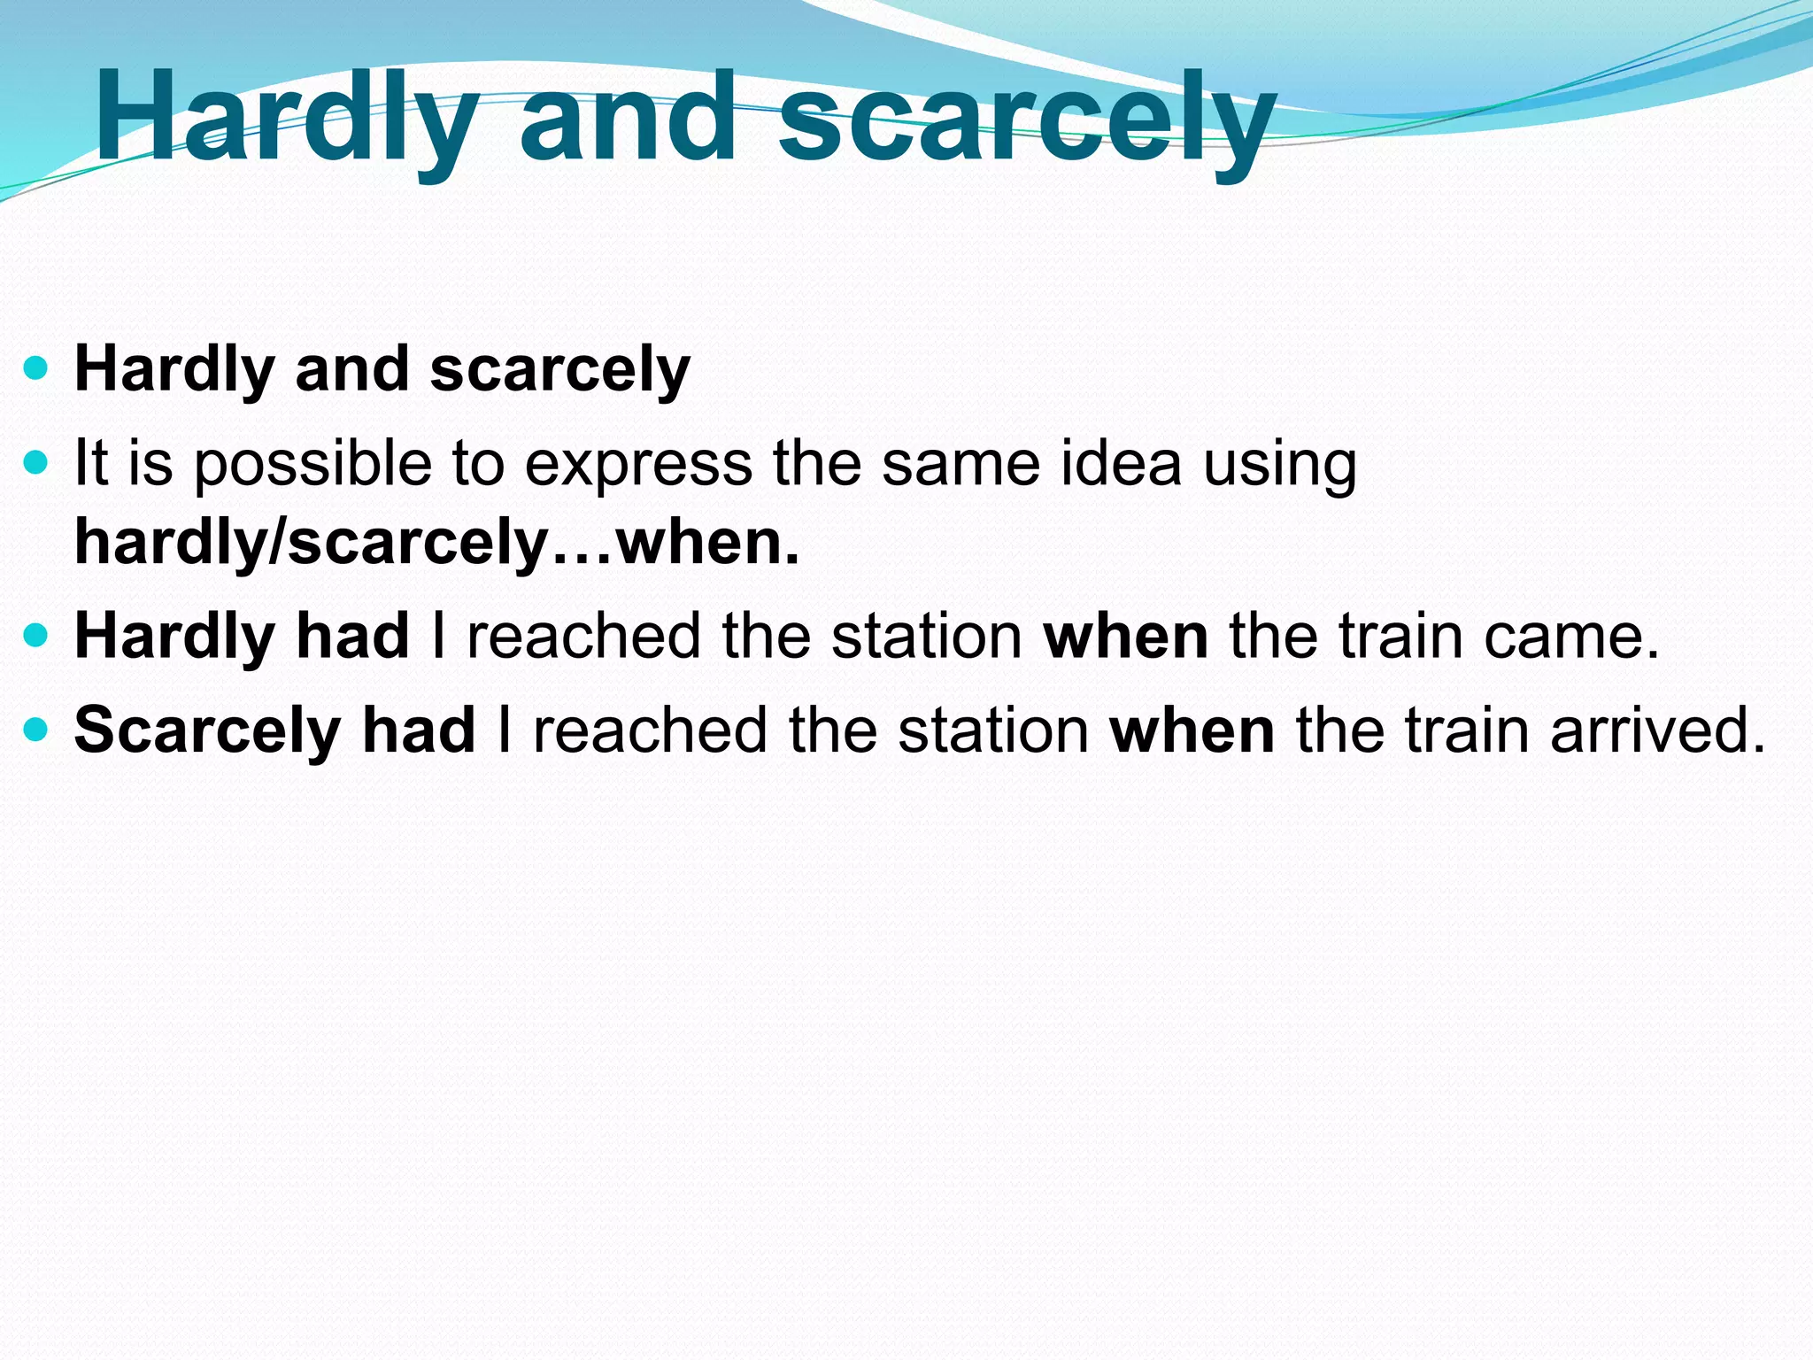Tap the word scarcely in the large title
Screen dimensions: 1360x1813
click(1027, 120)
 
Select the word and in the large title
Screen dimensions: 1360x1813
click(629, 120)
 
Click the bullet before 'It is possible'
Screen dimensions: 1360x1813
click(35, 462)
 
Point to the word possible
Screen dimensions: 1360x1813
click(312, 464)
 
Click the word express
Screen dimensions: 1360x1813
click(637, 464)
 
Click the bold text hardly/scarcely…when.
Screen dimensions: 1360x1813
click(436, 542)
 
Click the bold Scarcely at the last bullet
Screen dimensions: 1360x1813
click(207, 731)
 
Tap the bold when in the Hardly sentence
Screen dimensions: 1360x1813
click(1126, 636)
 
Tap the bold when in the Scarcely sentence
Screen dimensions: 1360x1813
click(1192, 730)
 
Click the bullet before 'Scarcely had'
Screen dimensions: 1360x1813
click(35, 730)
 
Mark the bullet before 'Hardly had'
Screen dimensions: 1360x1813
click(35, 636)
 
